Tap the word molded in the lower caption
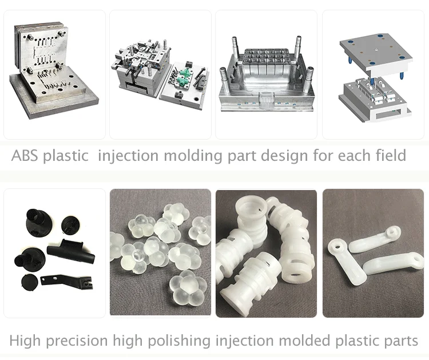(303, 341)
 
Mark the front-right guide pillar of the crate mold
(309, 83)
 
